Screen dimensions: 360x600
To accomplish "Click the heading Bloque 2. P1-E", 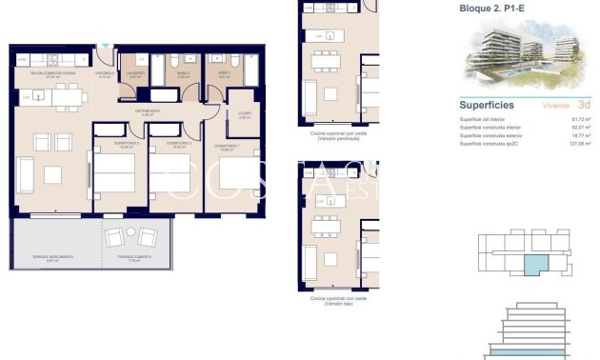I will point(491,9).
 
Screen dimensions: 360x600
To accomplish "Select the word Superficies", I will point(487,105).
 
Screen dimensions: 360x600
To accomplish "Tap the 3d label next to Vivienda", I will point(584,105).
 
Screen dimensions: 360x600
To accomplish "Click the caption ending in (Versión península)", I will point(338,137).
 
